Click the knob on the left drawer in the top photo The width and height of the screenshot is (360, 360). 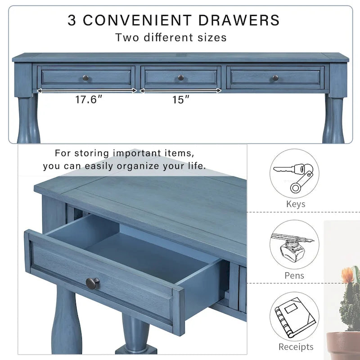click(x=85, y=78)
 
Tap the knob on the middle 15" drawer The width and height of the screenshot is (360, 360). click(x=180, y=78)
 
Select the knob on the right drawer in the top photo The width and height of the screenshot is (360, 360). click(x=275, y=78)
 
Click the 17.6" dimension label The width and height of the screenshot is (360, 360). click(x=86, y=99)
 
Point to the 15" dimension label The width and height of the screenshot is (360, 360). click(x=180, y=99)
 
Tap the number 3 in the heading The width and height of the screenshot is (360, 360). click(x=72, y=20)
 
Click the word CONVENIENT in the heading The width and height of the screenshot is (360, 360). click(x=138, y=20)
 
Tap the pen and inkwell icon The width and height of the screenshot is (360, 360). click(x=295, y=245)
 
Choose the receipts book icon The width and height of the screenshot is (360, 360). click(x=295, y=316)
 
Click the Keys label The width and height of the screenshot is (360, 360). click(x=296, y=204)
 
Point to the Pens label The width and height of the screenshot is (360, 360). click(x=294, y=275)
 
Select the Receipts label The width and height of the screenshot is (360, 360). click(x=296, y=346)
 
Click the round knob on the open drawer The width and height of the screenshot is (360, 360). click(x=93, y=283)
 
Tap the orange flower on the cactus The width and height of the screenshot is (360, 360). click(x=347, y=274)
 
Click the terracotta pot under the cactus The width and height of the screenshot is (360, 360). click(x=344, y=346)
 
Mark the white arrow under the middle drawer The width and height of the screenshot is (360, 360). click(x=180, y=90)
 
